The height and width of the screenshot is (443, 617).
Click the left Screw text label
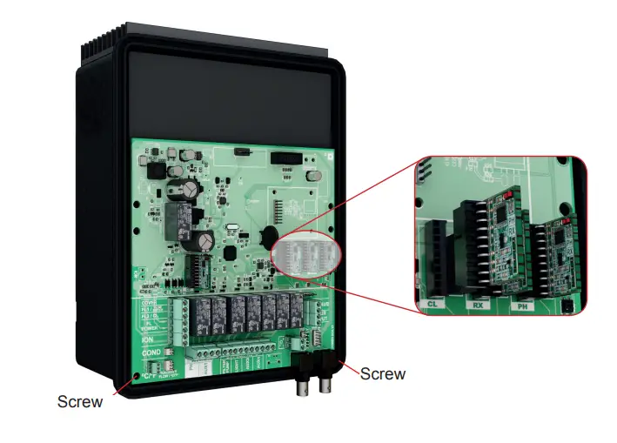point(80,401)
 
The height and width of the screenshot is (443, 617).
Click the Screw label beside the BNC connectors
point(383,373)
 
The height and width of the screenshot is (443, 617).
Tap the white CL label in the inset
point(433,304)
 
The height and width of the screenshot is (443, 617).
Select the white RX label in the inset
point(478,305)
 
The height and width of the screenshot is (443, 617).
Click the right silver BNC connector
point(327,383)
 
